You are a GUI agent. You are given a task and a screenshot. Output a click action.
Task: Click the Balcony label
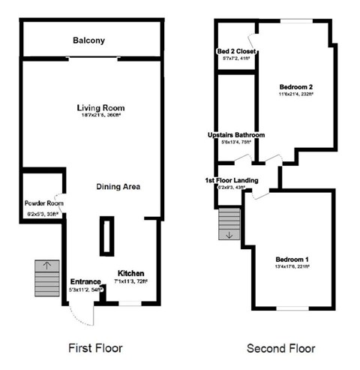[88, 40]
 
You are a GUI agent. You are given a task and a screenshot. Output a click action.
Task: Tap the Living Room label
[98, 106]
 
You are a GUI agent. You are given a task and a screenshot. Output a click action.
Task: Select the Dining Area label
[118, 186]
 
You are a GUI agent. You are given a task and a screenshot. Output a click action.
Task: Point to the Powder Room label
[39, 204]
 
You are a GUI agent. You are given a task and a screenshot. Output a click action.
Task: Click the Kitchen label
[130, 272]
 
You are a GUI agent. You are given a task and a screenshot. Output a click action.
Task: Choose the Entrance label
[85, 281]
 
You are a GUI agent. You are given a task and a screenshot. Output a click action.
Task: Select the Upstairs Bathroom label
[236, 135]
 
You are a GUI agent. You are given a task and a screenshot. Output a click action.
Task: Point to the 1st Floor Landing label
[232, 181]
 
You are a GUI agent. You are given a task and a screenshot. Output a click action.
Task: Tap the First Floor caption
[94, 348]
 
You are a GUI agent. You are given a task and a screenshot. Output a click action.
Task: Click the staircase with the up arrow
[46, 279]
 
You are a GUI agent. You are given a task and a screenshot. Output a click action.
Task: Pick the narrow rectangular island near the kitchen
[106, 236]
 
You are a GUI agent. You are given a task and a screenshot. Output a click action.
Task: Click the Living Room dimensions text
[98, 115]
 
